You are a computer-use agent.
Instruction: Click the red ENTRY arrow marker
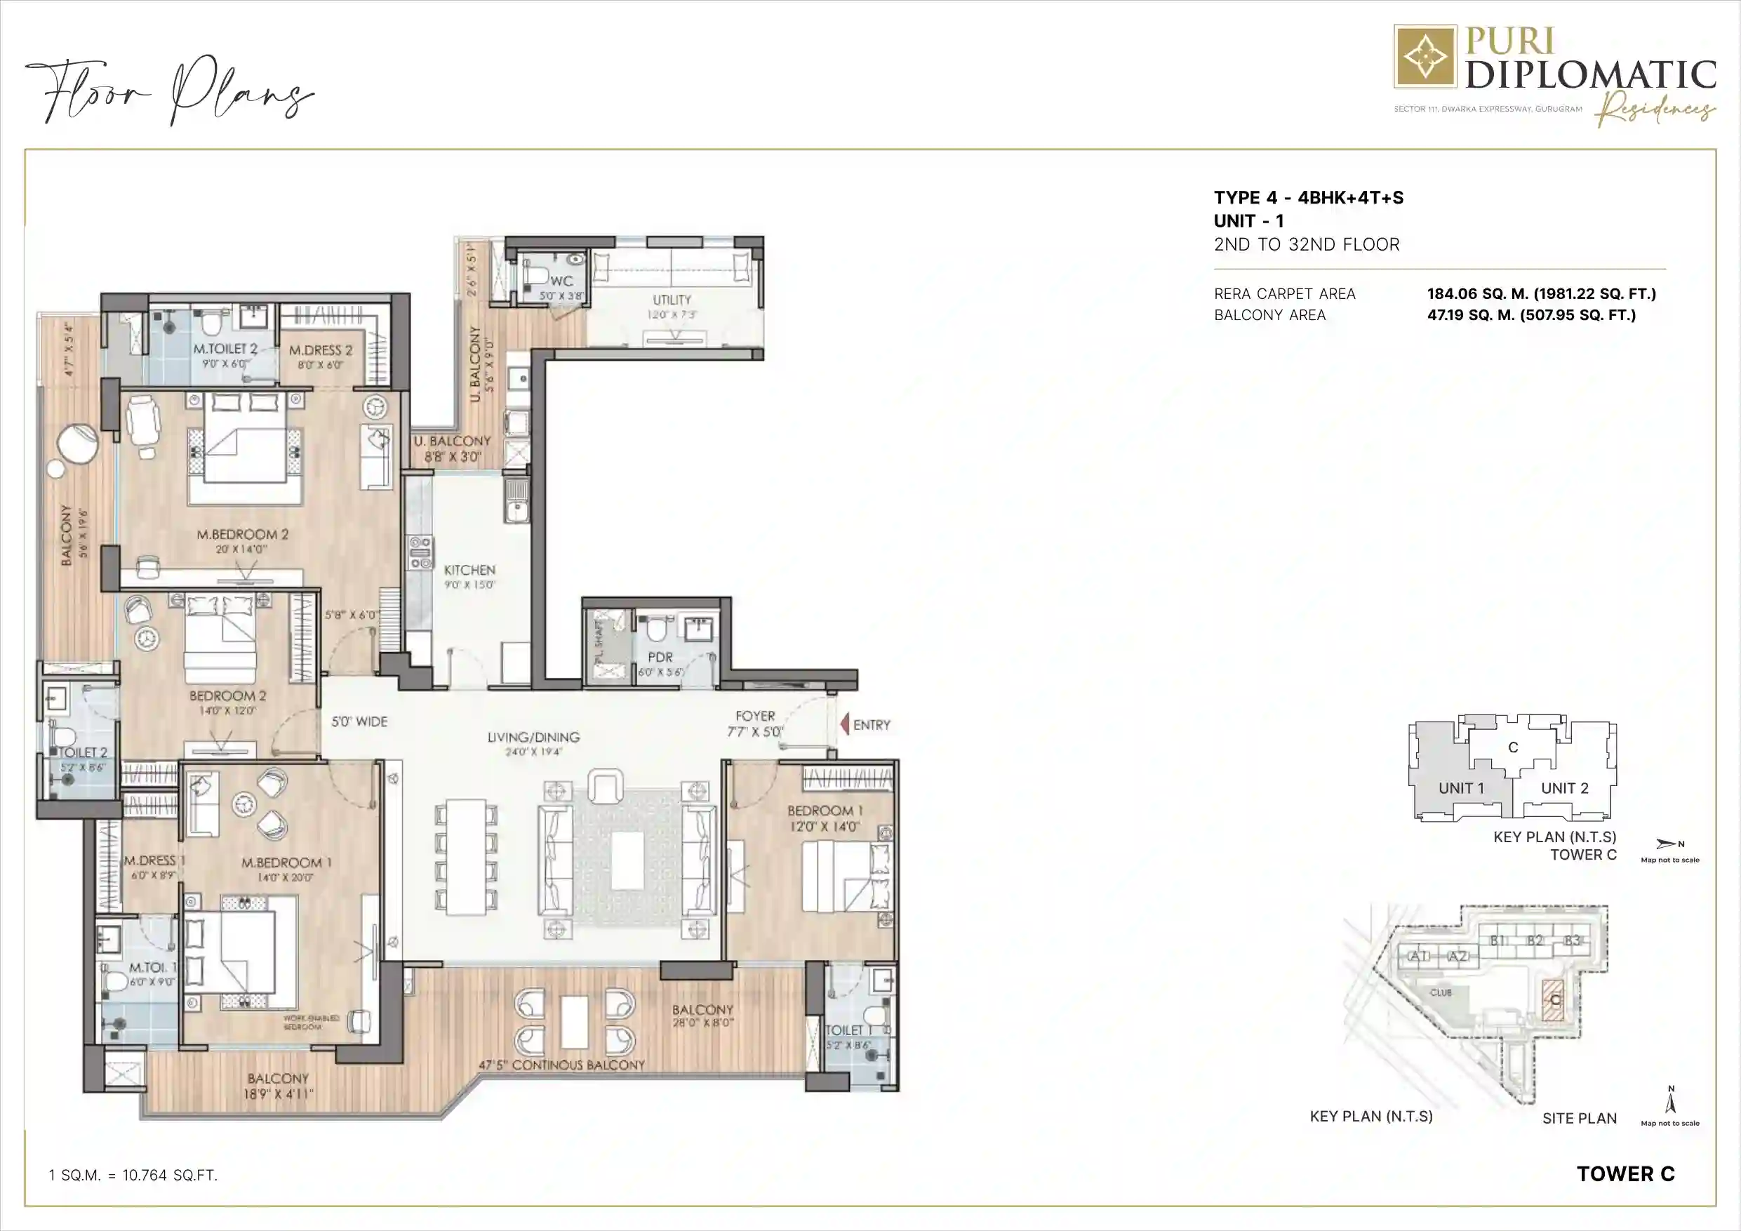(845, 724)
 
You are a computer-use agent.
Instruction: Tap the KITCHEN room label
(469, 570)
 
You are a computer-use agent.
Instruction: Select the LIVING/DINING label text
(533, 736)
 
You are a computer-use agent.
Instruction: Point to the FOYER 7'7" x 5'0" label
(755, 723)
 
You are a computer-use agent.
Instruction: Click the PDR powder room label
(660, 658)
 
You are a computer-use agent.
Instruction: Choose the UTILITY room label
(672, 300)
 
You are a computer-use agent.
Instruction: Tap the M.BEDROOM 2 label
(243, 535)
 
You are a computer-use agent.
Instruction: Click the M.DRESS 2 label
(321, 350)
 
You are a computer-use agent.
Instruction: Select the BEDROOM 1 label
(825, 811)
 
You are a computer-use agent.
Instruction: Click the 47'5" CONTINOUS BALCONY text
(561, 1065)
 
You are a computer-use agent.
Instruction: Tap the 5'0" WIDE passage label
(359, 721)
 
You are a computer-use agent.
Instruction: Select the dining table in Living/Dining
(467, 856)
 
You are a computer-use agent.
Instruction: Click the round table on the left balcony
(78, 444)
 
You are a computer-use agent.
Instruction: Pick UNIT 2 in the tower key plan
(1564, 788)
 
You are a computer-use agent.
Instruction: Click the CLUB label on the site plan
(1441, 992)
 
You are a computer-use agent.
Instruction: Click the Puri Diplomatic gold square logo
(1425, 56)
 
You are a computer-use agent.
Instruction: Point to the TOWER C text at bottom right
(1626, 1174)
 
